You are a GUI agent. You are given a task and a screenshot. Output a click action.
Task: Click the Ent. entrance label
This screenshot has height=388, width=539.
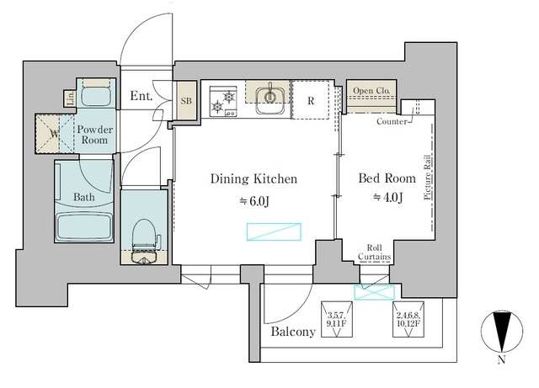coord(141,97)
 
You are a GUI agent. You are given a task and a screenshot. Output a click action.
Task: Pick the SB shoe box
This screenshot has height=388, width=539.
coord(186,100)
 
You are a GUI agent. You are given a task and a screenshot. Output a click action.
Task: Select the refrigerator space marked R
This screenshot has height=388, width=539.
coord(311,100)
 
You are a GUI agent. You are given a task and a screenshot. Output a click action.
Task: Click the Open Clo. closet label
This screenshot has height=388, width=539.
coord(371,91)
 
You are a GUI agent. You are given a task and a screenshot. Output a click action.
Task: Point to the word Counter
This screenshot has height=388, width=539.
coord(392,122)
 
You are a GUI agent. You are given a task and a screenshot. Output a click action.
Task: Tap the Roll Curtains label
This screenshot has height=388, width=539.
coord(372,252)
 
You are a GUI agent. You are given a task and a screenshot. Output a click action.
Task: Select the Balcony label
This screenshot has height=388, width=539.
coord(293,332)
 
